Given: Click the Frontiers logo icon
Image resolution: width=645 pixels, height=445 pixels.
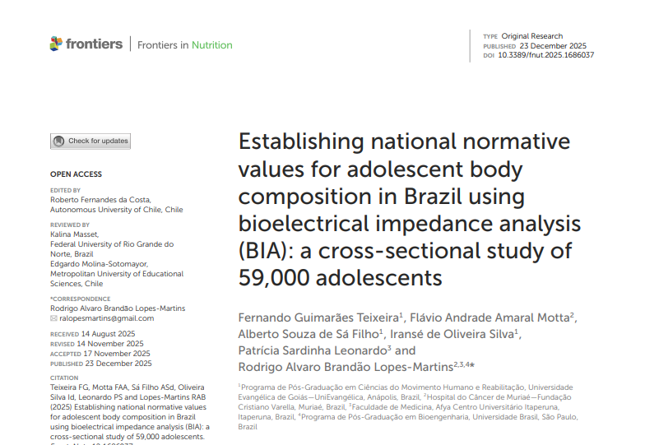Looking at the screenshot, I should [x=56, y=44].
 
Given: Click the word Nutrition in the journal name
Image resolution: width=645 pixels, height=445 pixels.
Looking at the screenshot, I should [x=211, y=45].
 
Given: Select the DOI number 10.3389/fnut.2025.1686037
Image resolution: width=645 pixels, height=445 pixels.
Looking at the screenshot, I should [x=545, y=55].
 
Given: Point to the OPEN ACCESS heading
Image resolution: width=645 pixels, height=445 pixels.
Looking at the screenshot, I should [x=76, y=174].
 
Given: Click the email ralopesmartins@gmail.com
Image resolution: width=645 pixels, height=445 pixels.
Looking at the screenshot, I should [x=107, y=318].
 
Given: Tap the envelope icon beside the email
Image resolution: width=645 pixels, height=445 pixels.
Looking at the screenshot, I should [x=53, y=318].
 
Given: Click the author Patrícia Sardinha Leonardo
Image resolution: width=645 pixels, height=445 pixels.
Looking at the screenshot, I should [x=309, y=350].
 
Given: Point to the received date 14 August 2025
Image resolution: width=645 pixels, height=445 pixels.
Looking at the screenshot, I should [x=106, y=334].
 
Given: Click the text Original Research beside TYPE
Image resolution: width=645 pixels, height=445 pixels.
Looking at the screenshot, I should [x=532, y=36].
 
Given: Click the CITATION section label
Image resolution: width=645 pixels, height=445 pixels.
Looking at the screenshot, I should [x=65, y=378].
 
